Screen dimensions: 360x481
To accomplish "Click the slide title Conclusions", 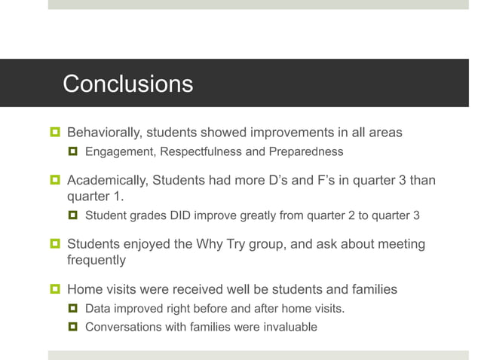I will pos(127,84).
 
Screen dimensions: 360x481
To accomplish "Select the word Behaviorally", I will pos(104,133).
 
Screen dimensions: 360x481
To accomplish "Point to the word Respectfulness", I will pos(201,152).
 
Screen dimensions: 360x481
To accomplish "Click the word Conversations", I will pos(121,327).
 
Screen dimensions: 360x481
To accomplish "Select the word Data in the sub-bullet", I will pos(98,309).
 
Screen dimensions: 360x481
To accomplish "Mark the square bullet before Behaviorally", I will pos(54,133).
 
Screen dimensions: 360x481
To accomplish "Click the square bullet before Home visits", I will pos(54,289).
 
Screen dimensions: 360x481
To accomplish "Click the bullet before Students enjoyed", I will pos(54,245).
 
